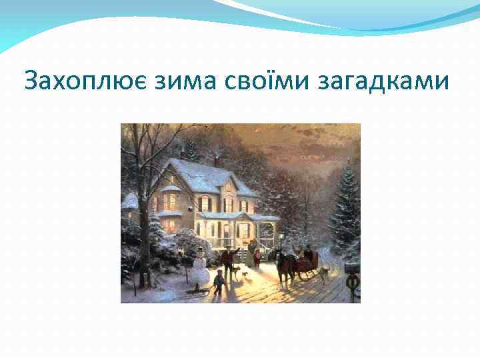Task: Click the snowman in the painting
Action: pyautogui.click(x=200, y=267)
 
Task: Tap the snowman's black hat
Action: pyautogui.click(x=200, y=250)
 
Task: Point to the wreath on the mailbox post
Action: pyautogui.click(x=351, y=281)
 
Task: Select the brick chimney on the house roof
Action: pyautogui.click(x=217, y=161)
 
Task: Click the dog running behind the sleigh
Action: pyautogui.click(x=325, y=273)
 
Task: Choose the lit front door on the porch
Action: pyautogui.click(x=243, y=230)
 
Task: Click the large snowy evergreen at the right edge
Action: pyautogui.click(x=345, y=200)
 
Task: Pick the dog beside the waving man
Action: pyautogui.click(x=237, y=273)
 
